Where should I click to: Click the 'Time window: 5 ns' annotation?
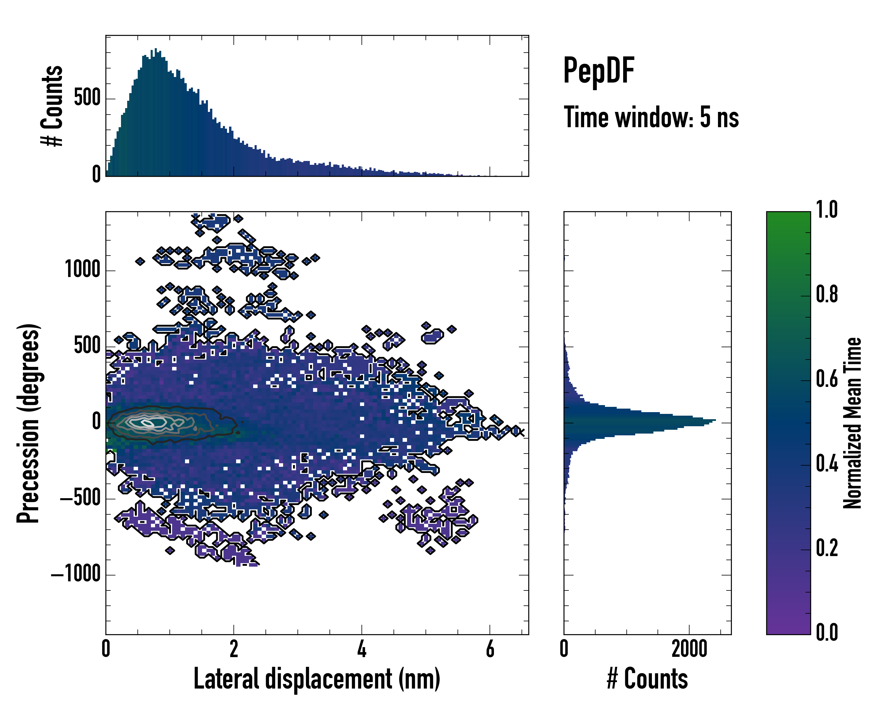651,117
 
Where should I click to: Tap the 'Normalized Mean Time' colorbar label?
853,423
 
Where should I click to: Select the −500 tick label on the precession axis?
80,498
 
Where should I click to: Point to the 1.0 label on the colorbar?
827,210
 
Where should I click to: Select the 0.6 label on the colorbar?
827,379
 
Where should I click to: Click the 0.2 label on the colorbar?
827,548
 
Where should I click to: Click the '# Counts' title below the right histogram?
647,679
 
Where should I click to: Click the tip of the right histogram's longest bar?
715,420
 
